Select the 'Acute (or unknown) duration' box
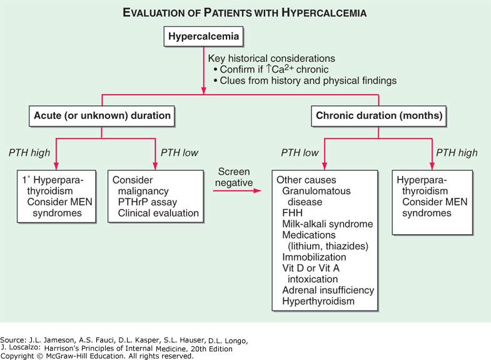102,115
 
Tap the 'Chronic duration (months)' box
378,115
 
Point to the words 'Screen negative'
235,177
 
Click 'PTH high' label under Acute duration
29,153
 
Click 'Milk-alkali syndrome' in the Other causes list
327,224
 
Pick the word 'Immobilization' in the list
313,257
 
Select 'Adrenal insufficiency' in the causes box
328,291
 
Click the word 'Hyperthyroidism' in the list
318,302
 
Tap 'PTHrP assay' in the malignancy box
148,202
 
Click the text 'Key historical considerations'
272,58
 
